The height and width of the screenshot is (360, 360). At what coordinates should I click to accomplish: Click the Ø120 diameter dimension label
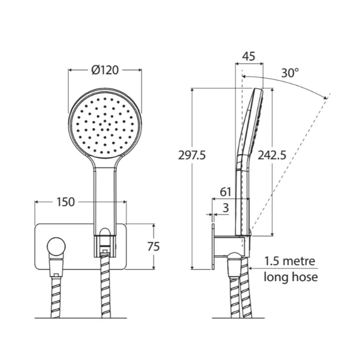coord(104,71)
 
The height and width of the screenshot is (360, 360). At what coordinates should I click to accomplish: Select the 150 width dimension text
coord(65,202)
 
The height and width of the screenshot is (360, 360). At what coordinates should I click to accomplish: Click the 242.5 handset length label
coord(272,156)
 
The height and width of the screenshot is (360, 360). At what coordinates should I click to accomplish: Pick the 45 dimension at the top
coord(249,56)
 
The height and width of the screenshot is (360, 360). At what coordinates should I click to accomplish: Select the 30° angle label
coord(290,73)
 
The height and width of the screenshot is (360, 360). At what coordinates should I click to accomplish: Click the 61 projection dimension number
coord(225,191)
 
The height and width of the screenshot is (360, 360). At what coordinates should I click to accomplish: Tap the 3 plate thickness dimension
coord(225,208)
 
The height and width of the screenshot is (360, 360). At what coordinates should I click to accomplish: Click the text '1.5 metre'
coord(290,261)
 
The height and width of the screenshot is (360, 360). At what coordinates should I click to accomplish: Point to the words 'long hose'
coord(291,276)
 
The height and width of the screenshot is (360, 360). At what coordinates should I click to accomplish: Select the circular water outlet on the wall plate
coord(56,246)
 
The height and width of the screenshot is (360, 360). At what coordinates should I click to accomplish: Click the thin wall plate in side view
coord(213,246)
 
